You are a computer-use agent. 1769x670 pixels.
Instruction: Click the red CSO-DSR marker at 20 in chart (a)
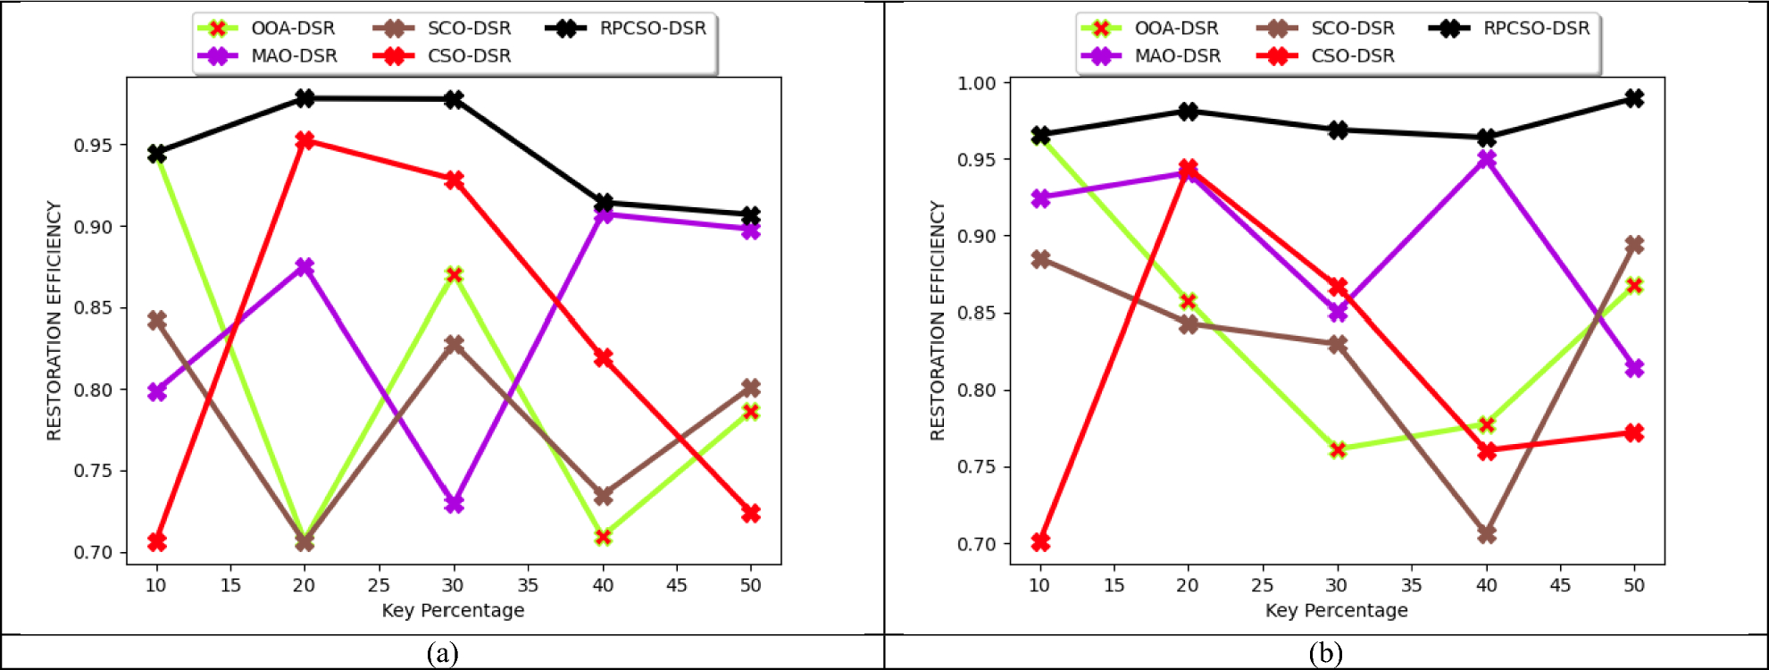tap(305, 140)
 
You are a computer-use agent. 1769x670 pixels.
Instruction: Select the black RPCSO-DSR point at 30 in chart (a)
tap(454, 99)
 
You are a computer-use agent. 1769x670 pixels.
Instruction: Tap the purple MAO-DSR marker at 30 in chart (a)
tap(454, 504)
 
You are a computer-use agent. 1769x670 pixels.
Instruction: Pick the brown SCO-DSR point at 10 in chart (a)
tap(156, 320)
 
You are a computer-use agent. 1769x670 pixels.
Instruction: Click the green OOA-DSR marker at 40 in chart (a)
tap(603, 537)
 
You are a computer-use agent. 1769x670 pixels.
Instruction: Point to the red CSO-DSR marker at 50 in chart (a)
tap(751, 513)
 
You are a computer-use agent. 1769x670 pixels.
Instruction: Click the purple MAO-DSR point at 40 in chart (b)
tap(1486, 159)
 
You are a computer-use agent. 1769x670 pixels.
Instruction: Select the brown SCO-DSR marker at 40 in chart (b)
tap(1486, 534)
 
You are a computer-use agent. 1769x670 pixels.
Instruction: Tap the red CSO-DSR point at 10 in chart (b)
tap(1040, 542)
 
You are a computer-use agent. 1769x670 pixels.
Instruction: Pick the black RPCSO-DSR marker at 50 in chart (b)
tap(1634, 98)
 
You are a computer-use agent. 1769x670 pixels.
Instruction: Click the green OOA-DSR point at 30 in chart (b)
tap(1338, 449)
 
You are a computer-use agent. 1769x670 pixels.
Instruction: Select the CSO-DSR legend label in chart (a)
tap(469, 56)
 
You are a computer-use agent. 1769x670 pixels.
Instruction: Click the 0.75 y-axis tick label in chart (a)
tap(93, 472)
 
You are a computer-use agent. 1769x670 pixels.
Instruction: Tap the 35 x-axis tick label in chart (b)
tap(1412, 586)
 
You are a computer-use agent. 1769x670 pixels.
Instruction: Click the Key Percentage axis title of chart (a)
tap(453, 611)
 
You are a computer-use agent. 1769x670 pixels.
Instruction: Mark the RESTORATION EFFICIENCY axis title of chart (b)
tap(937, 320)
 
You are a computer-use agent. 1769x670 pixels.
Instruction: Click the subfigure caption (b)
tap(1325, 654)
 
